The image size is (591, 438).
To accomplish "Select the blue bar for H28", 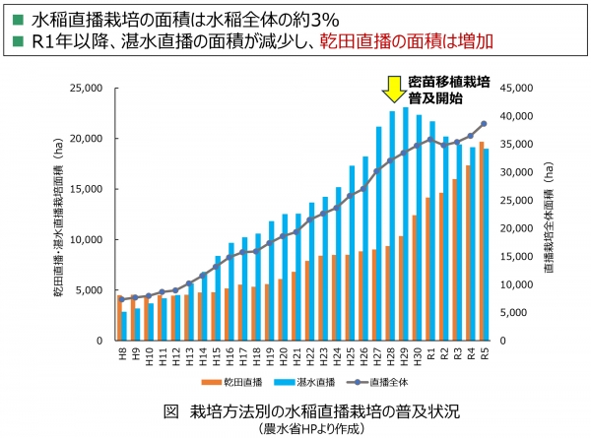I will click(394, 226).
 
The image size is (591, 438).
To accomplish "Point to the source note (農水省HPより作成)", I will click(295, 428).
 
